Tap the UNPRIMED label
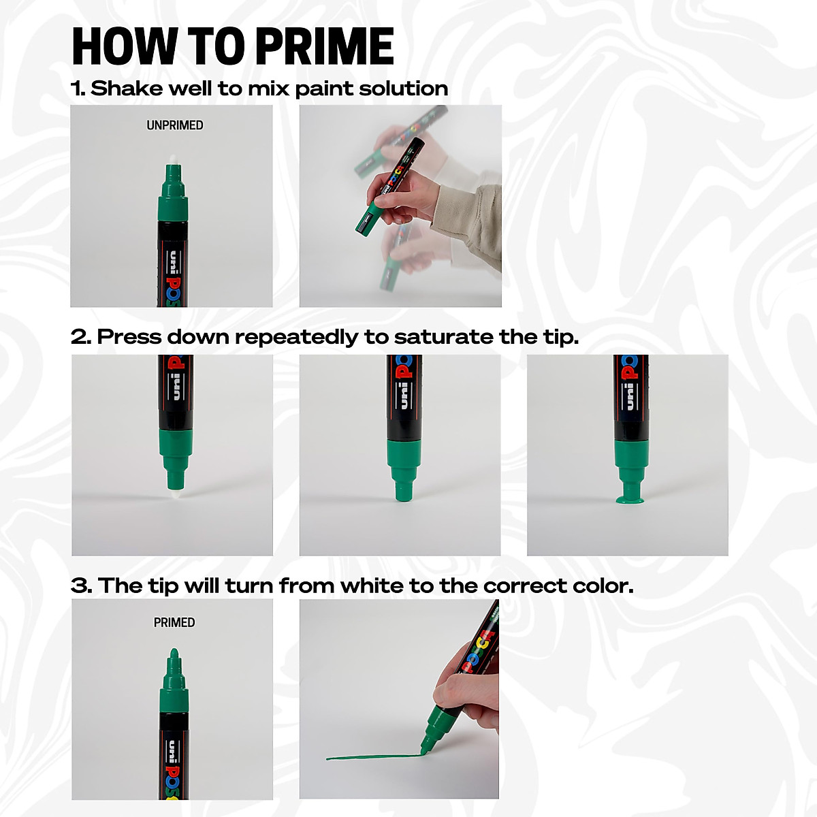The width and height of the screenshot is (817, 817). tap(175, 125)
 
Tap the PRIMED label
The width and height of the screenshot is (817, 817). tap(174, 622)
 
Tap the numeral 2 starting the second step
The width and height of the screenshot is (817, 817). tap(79, 337)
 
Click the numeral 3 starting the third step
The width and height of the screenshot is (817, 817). tap(80, 586)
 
